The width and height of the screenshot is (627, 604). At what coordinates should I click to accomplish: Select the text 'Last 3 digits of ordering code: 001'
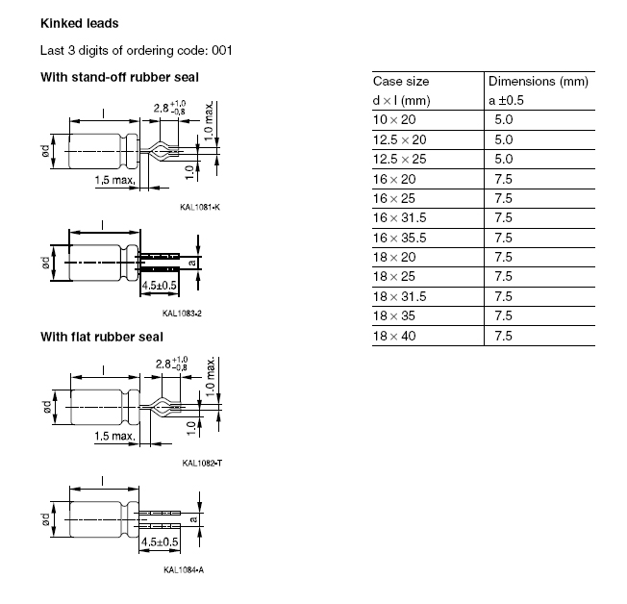136,50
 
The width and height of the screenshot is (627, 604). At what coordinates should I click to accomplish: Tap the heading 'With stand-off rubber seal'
119,77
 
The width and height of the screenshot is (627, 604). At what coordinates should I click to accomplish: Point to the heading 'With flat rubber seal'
101,337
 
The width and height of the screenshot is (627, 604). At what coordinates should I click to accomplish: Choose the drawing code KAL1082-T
202,464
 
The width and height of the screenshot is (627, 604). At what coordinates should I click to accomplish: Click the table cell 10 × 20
395,119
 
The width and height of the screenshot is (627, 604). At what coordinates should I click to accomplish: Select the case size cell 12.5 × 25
401,159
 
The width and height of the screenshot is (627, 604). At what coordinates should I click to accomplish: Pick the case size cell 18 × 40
395,336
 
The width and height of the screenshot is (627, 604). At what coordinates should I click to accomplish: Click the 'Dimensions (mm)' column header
538,82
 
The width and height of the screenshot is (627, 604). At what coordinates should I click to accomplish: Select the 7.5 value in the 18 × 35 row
503,315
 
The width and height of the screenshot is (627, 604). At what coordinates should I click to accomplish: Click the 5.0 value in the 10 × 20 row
503,119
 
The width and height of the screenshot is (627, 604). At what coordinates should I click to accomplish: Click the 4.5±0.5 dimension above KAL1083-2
161,287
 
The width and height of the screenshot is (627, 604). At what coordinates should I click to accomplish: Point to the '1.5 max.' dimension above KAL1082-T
113,437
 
